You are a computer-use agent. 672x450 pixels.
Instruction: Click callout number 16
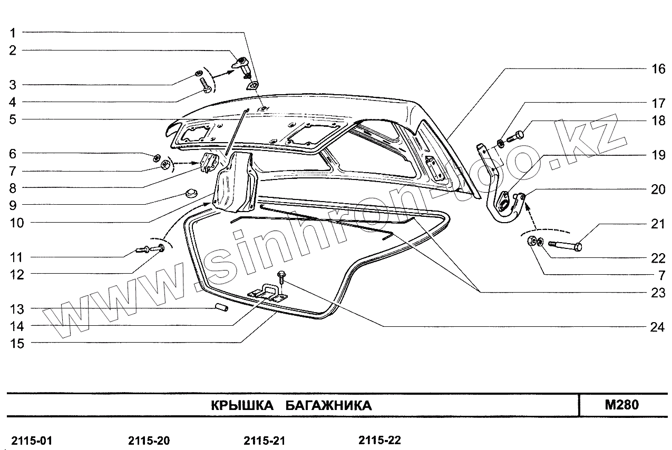657,69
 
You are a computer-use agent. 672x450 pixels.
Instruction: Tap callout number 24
657,327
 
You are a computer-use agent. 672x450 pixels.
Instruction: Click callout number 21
657,224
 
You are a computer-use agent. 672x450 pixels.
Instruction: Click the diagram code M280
622,405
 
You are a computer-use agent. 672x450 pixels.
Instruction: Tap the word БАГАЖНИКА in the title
329,406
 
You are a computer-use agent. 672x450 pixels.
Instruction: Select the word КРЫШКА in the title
242,406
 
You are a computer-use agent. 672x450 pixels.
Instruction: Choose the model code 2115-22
379,440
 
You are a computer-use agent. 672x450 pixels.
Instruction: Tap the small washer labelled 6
157,157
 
